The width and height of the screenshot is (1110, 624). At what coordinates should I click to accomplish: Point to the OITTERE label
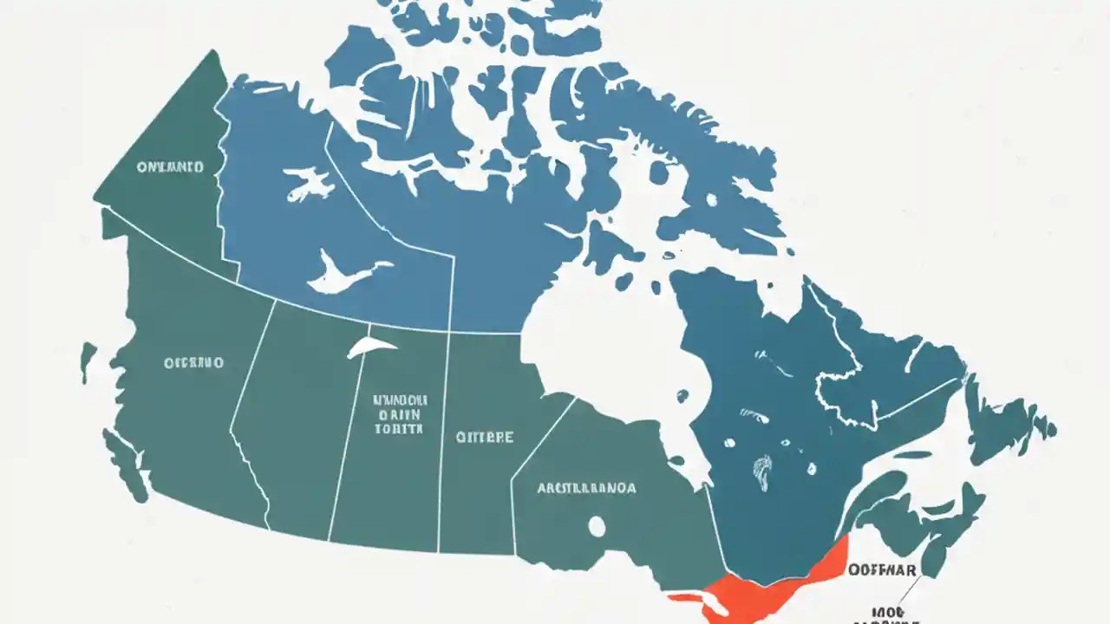[485, 437]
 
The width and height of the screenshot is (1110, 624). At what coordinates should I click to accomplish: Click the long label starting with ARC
[586, 488]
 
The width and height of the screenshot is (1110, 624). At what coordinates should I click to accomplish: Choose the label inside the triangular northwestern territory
[170, 166]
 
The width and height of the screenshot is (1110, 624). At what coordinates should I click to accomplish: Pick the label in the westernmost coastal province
[194, 361]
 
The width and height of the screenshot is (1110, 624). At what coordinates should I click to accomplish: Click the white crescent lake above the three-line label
[372, 348]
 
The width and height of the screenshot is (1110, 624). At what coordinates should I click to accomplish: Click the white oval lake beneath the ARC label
[597, 525]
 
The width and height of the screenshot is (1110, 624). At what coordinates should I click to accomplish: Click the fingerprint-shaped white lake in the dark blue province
[762, 473]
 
